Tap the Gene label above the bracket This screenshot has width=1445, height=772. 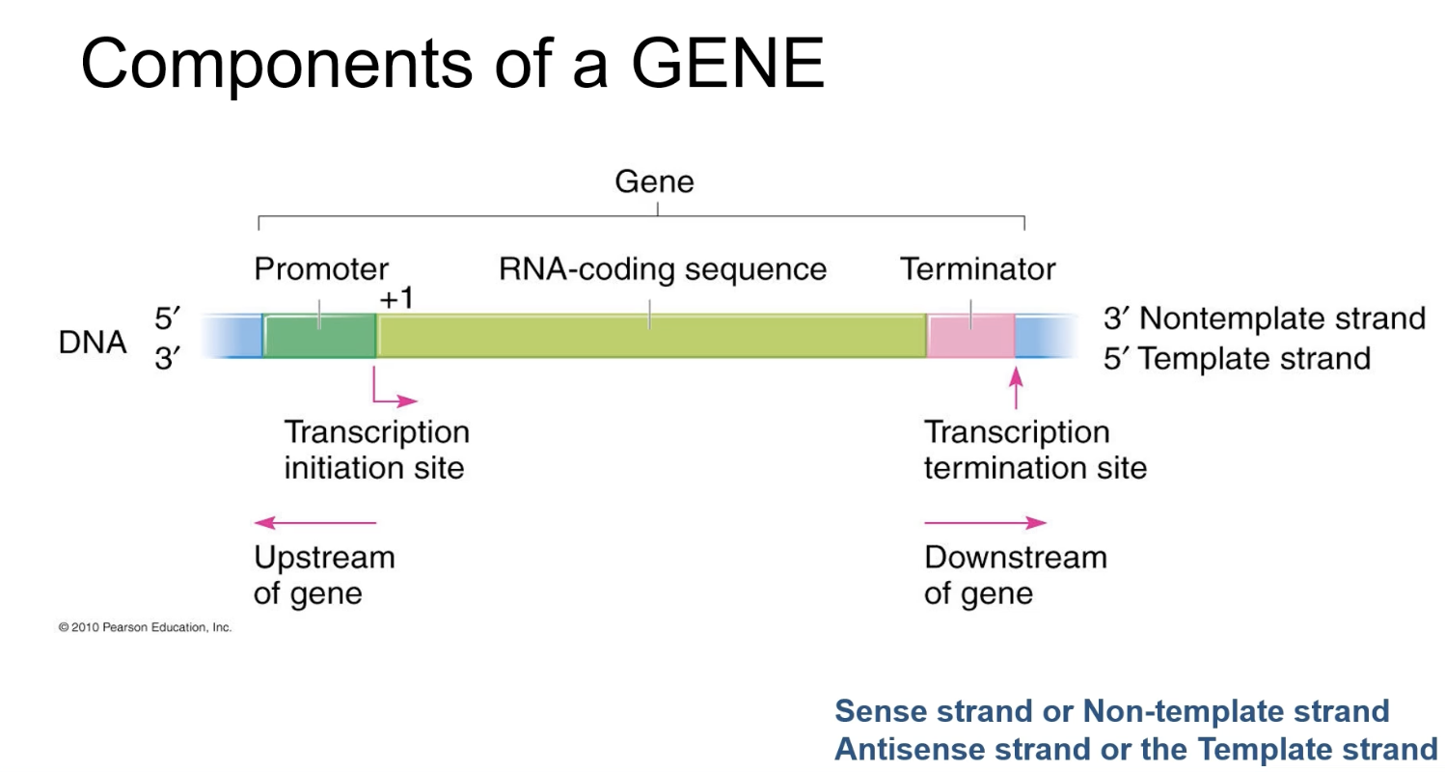pos(655,182)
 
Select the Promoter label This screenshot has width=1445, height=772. pos(321,269)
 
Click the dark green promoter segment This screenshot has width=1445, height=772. pos(319,336)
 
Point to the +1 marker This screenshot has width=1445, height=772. pos(395,298)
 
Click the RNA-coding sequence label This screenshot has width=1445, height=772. pos(663,269)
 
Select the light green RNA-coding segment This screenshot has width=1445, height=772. pos(651,336)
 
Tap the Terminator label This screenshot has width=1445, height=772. pos(977,269)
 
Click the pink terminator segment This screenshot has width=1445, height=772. pos(970,336)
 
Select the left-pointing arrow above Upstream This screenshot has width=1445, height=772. pos(314,523)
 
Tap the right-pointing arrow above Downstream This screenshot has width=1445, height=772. pos(985,523)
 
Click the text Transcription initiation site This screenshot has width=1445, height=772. pos(376,450)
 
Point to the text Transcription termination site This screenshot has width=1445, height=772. pos(1035,450)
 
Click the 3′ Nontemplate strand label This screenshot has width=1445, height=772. pos(1264,317)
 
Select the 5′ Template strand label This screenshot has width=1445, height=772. pos(1237,358)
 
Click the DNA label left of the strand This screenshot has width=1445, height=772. pos(92,343)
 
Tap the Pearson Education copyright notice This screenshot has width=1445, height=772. pos(145,627)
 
